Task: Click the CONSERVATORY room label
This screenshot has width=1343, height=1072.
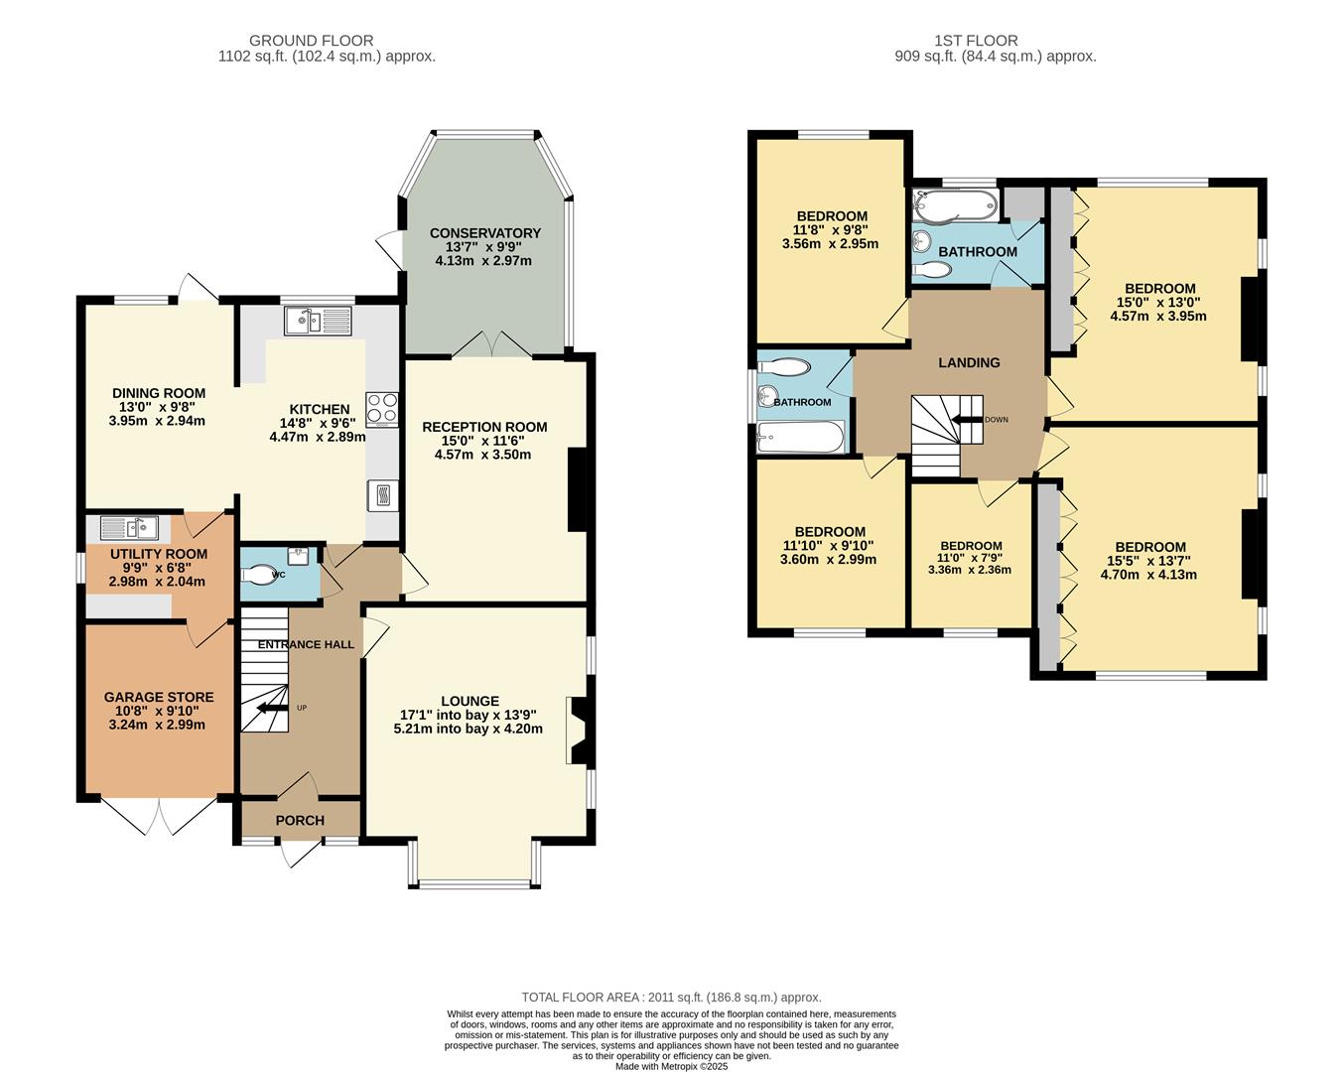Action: [x=484, y=233]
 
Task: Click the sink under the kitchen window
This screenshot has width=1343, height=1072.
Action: [x=317, y=321]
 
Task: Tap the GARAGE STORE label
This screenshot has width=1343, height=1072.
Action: [x=159, y=698]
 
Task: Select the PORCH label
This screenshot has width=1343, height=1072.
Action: [x=300, y=820]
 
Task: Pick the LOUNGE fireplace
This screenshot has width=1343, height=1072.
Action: [x=575, y=731]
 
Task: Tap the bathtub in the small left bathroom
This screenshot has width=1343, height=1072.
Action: [x=800, y=436]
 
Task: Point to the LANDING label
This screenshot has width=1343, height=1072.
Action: [x=969, y=362]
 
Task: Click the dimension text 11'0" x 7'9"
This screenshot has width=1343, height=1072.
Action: [x=971, y=558]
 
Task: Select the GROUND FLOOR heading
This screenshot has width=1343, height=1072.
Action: [x=311, y=41]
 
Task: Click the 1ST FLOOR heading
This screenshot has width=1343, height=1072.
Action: [x=976, y=41]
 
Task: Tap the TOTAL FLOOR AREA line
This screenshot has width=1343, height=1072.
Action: [x=671, y=998]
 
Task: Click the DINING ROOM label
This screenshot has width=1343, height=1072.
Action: [x=159, y=393]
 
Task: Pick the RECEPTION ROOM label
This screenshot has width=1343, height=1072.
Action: [x=484, y=427]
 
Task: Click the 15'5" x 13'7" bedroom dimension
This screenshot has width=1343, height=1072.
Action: [x=1150, y=561]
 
